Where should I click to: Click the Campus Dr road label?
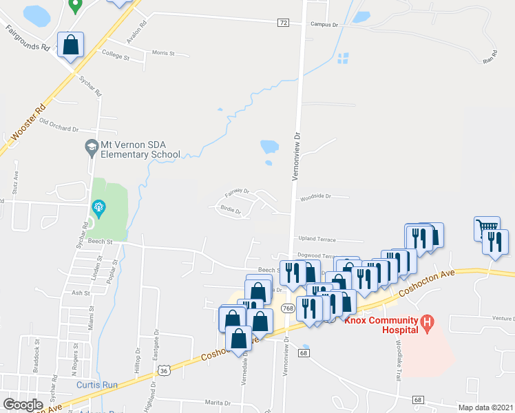(x=325, y=24)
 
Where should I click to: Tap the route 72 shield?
(x=283, y=23)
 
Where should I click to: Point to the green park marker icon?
(x=98, y=206)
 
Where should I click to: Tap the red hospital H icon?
(x=428, y=321)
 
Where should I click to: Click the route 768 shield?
(x=288, y=308)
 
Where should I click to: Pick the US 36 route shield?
(x=163, y=370)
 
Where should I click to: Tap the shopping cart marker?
(x=487, y=227)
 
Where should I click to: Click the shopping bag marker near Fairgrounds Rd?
(x=71, y=45)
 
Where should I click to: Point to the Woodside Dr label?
(x=315, y=197)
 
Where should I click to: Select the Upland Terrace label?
(x=317, y=239)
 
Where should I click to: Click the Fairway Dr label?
(x=236, y=191)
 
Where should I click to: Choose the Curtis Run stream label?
(x=94, y=385)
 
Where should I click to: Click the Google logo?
(x=23, y=405)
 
